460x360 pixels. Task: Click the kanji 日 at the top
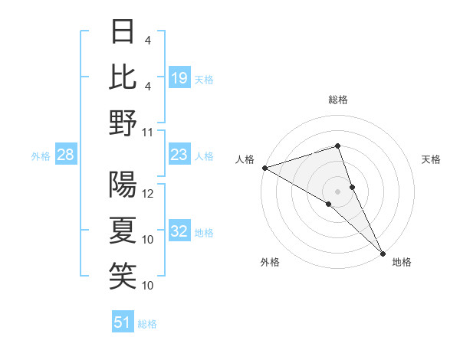[123, 31]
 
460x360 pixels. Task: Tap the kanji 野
[123, 123]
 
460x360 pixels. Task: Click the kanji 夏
[123, 230]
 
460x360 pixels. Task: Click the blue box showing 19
[179, 78]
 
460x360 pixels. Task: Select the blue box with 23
[179, 155]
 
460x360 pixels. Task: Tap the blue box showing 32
[179, 232]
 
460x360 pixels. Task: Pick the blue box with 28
[65, 155]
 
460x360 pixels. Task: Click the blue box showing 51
[122, 322]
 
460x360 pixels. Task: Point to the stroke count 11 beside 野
[148, 132]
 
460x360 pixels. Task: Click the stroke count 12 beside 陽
[148, 193]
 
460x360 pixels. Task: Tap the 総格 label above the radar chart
[337, 100]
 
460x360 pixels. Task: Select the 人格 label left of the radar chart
[245, 159]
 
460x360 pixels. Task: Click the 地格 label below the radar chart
[402, 262]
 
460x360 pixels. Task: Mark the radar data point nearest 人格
[264, 168]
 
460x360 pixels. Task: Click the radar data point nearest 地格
[383, 252]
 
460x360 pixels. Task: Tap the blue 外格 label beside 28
[41, 156]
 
